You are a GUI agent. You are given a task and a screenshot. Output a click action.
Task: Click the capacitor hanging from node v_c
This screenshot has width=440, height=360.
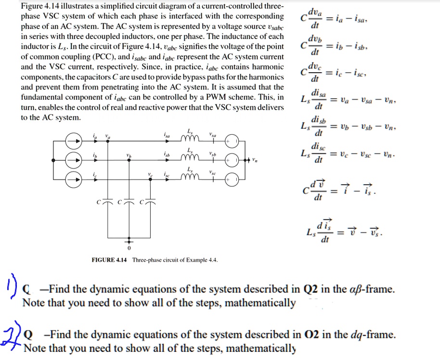(150, 201)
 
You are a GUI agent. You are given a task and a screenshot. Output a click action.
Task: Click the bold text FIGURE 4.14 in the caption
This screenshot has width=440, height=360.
(109, 260)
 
